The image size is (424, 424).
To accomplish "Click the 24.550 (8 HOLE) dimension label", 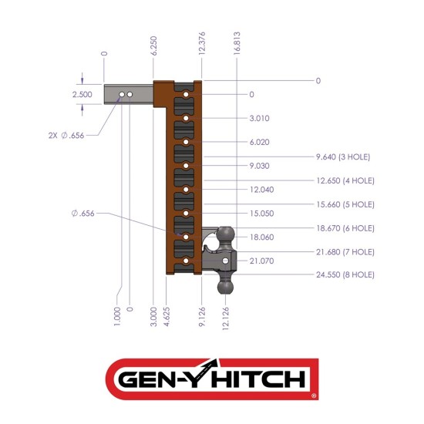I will coord(345,274).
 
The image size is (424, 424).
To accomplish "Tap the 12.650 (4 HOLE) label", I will coord(345,180).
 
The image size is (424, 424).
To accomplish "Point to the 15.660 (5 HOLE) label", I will coord(345,204).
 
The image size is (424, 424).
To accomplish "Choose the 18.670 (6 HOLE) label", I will coord(345,228).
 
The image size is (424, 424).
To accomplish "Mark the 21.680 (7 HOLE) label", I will coord(345,252).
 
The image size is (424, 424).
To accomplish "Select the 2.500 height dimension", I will coord(82,94).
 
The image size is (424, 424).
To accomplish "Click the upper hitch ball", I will coord(226,234).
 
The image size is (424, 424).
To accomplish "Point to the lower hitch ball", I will coord(226,286).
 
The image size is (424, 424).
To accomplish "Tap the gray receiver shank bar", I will coord(129,94).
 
